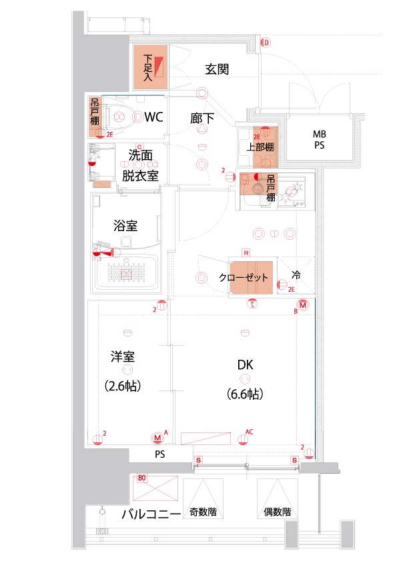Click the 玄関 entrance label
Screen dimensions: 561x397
pyautogui.click(x=218, y=69)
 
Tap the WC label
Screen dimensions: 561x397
pyautogui.click(x=154, y=117)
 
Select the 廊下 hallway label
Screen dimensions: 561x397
pyautogui.click(x=202, y=119)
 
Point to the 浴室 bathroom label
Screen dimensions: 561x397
pyautogui.click(x=125, y=226)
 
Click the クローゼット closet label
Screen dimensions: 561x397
pyautogui.click(x=244, y=277)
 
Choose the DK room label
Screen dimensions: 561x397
pyautogui.click(x=245, y=365)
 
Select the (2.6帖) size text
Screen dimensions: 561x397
pyautogui.click(x=123, y=386)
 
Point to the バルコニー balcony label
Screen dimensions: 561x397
pyautogui.click(x=151, y=514)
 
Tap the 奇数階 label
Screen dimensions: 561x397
pyautogui.click(x=203, y=512)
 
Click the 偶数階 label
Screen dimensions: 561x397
pyautogui.click(x=277, y=512)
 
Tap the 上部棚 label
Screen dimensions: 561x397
pyautogui.click(x=259, y=147)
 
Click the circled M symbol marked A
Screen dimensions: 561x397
pyautogui.click(x=157, y=438)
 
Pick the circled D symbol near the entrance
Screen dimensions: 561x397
pyautogui.click(x=266, y=43)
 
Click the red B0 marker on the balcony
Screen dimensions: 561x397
pyautogui.click(x=141, y=478)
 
